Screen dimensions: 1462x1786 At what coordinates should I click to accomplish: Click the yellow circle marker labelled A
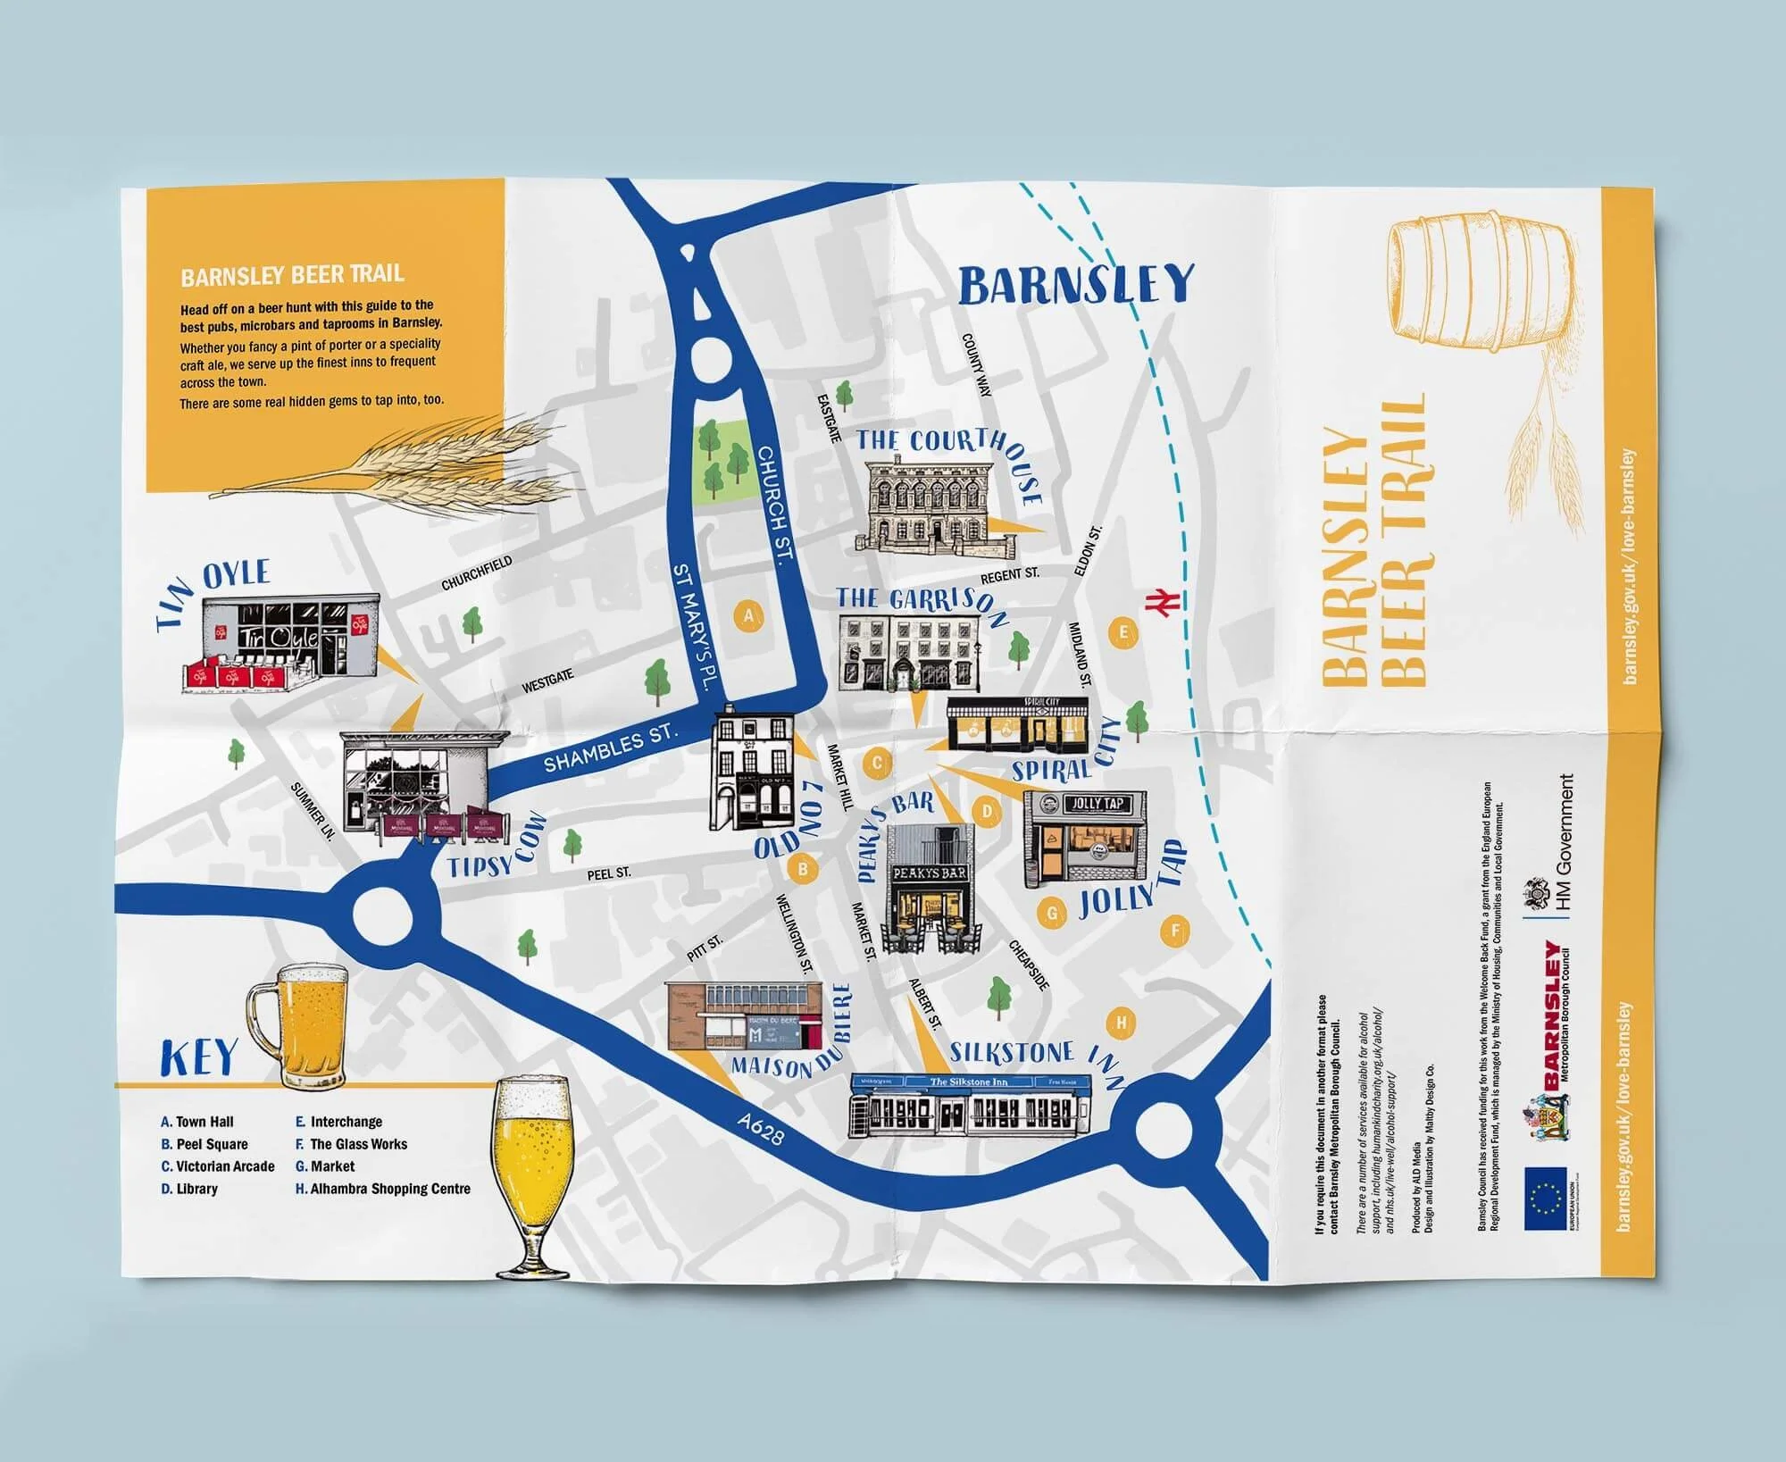pyautogui.click(x=748, y=616)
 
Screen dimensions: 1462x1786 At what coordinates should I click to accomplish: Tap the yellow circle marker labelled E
pyautogui.click(x=1123, y=633)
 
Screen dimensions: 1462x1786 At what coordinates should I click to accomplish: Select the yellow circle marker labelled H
pyautogui.click(x=1122, y=1023)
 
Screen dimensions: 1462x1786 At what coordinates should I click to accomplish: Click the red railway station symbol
pyautogui.click(x=1164, y=603)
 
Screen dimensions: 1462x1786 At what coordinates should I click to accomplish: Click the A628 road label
pyautogui.click(x=762, y=1128)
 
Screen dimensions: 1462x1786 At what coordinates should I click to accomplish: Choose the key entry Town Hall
pyautogui.click(x=197, y=1122)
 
